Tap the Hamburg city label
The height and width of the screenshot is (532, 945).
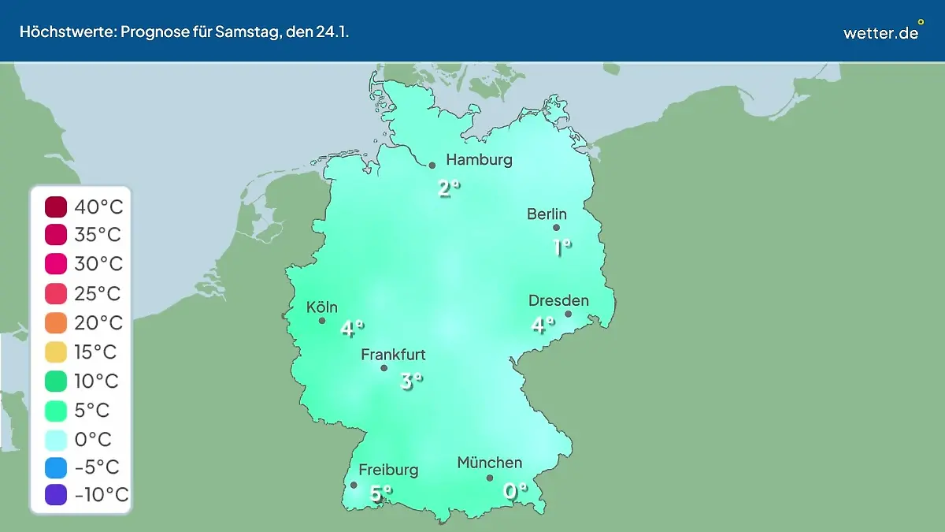(479, 160)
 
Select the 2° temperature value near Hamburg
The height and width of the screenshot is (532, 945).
(448, 188)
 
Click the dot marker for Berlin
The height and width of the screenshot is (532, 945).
(556, 228)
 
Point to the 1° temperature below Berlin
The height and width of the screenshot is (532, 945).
(561, 247)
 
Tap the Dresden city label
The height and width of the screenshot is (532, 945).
(558, 300)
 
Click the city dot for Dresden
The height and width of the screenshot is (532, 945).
(568, 314)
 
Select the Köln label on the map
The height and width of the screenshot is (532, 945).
(321, 307)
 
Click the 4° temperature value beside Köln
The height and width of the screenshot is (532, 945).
(351, 328)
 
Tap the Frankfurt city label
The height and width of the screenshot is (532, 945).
(393, 355)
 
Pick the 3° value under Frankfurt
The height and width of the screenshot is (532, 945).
(411, 381)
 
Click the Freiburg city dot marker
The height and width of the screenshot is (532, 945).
(354, 485)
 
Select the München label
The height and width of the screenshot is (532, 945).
(489, 463)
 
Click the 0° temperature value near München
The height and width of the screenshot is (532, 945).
(515, 491)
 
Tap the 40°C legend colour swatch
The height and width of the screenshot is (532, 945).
(56, 207)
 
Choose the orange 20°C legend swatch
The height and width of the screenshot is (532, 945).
(56, 323)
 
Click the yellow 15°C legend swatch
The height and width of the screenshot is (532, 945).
(56, 352)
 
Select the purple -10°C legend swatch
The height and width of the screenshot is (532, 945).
(56, 496)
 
